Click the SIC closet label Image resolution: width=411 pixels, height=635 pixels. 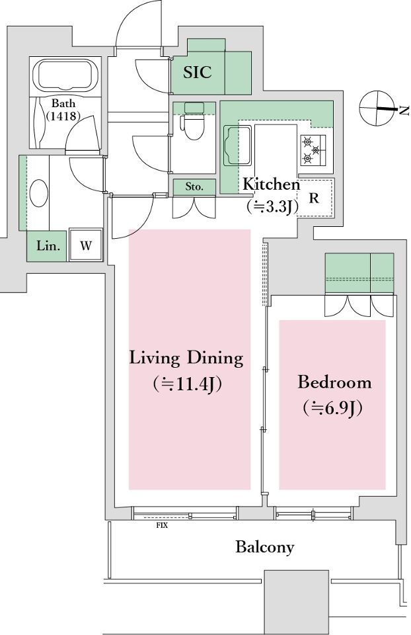click(198, 72)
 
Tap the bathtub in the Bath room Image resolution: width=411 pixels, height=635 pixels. click(65, 75)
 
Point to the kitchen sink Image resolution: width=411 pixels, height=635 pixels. click(237, 146)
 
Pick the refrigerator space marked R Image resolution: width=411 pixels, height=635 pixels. click(314, 198)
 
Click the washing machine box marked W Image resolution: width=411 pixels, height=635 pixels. click(85, 245)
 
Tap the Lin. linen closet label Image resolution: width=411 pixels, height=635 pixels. click(48, 245)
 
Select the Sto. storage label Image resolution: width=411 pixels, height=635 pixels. click(194, 187)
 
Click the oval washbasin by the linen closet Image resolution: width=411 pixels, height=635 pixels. click(39, 193)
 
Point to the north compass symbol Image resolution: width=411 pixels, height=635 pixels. click(377, 108)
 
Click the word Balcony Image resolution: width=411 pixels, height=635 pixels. click(265, 547)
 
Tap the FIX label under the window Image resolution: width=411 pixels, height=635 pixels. click(162, 526)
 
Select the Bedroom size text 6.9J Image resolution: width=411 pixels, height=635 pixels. click(332, 408)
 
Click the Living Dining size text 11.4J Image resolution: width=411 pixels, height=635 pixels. click(187, 384)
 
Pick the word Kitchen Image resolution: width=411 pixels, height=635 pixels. click(271, 185)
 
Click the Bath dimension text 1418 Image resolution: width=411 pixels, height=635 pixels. click(63, 116)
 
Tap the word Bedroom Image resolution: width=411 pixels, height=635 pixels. click(334, 382)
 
